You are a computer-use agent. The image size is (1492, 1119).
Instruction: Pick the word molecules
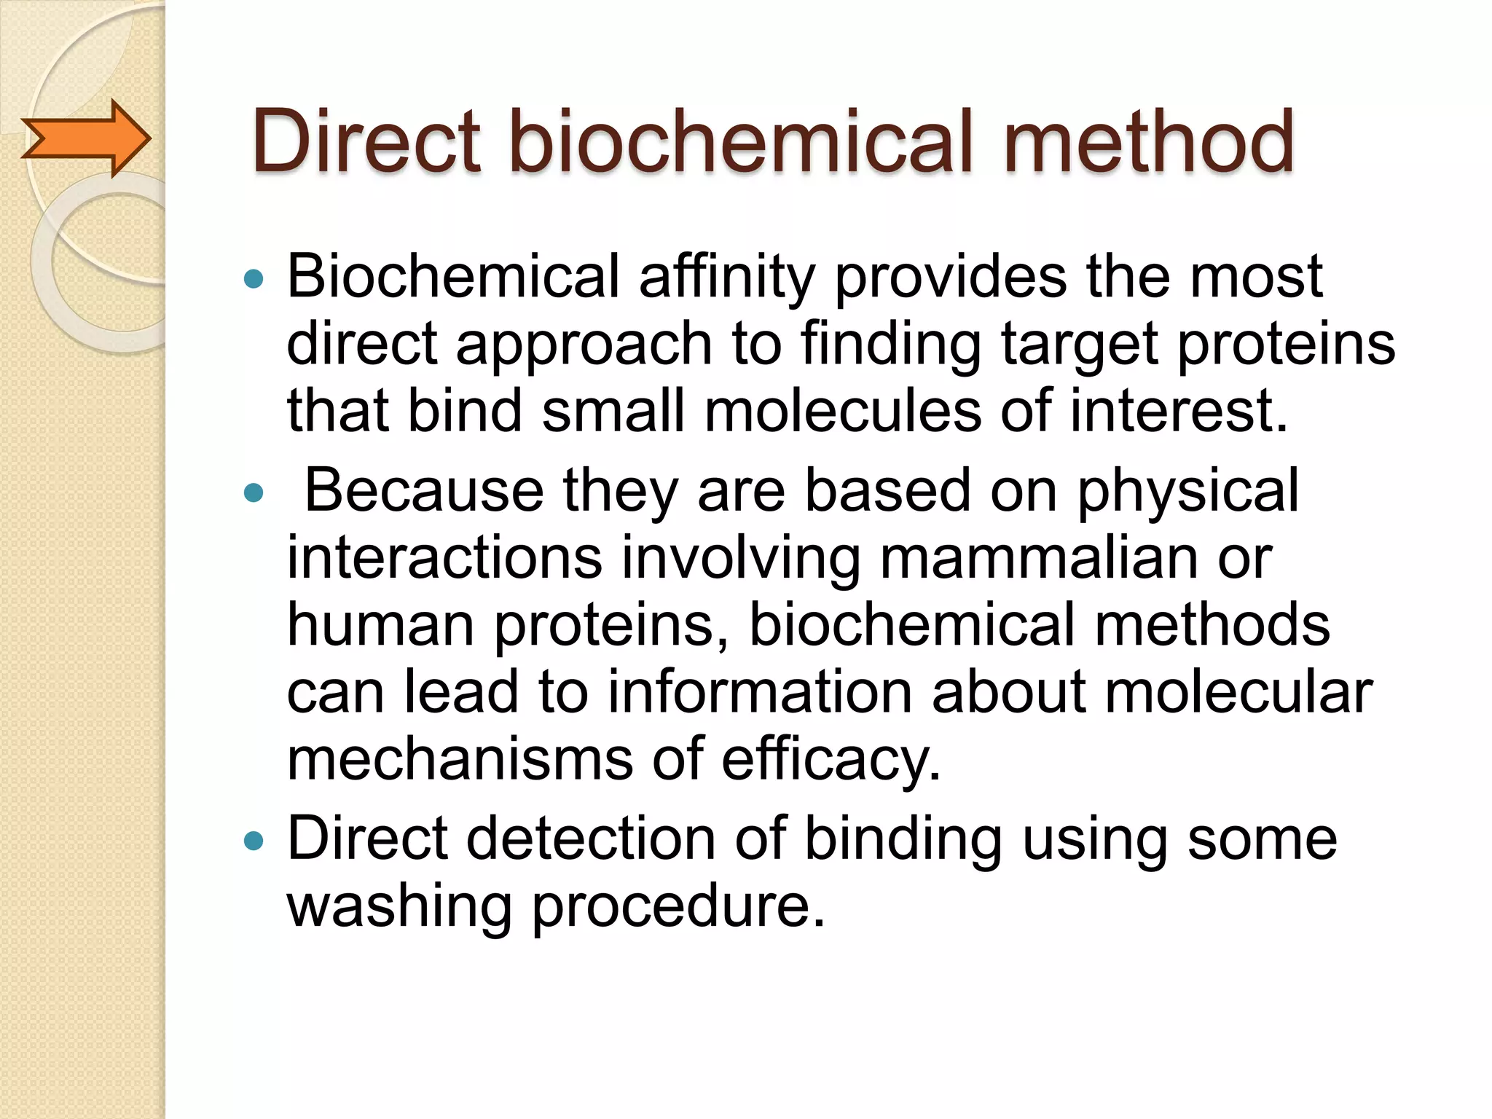pyautogui.click(x=842, y=411)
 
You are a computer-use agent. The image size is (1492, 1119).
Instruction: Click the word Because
pyautogui.click(x=423, y=490)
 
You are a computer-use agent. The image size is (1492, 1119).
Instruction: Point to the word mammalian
pyautogui.click(x=1037, y=558)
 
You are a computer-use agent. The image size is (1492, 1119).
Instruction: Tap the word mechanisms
pyautogui.click(x=460, y=759)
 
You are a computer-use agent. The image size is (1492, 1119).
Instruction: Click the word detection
pyautogui.click(x=590, y=839)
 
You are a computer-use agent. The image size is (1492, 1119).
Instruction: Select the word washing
pyautogui.click(x=399, y=908)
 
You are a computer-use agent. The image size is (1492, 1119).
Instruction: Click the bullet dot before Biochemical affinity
pyautogui.click(x=254, y=278)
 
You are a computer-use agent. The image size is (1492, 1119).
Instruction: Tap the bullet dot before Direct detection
pyautogui.click(x=254, y=842)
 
